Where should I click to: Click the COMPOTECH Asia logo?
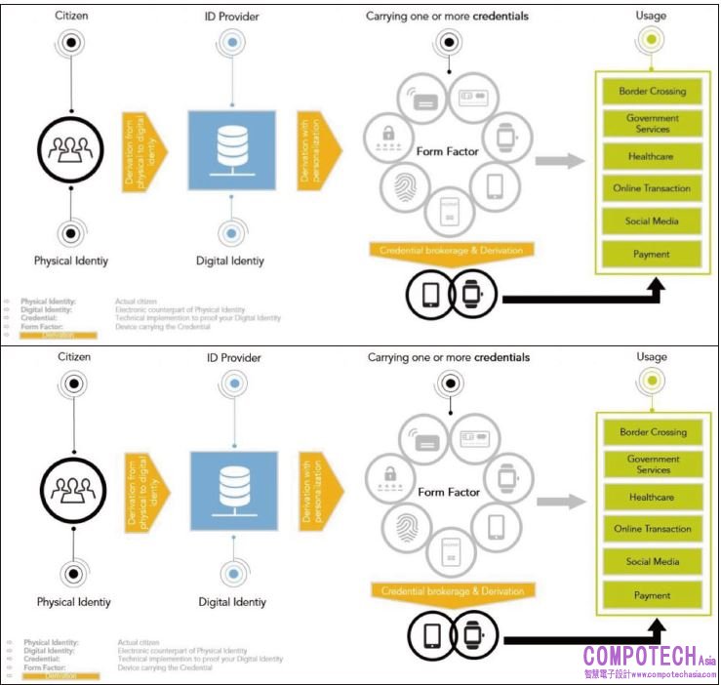click(x=648, y=660)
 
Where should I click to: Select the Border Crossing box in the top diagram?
click(x=652, y=92)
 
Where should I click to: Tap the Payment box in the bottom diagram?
click(x=652, y=595)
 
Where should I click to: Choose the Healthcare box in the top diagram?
click(x=652, y=156)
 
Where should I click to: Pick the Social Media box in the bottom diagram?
click(x=652, y=562)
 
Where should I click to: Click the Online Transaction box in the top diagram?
click(x=652, y=188)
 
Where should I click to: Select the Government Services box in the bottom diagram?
click(x=652, y=463)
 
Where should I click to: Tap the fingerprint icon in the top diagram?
click(x=404, y=185)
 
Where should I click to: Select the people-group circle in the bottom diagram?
click(x=72, y=487)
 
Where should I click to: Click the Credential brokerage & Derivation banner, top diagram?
click(x=452, y=250)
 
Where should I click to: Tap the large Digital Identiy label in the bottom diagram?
click(x=232, y=602)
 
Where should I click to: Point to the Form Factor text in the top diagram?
click(x=449, y=151)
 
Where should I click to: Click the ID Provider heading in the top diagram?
click(x=232, y=17)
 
